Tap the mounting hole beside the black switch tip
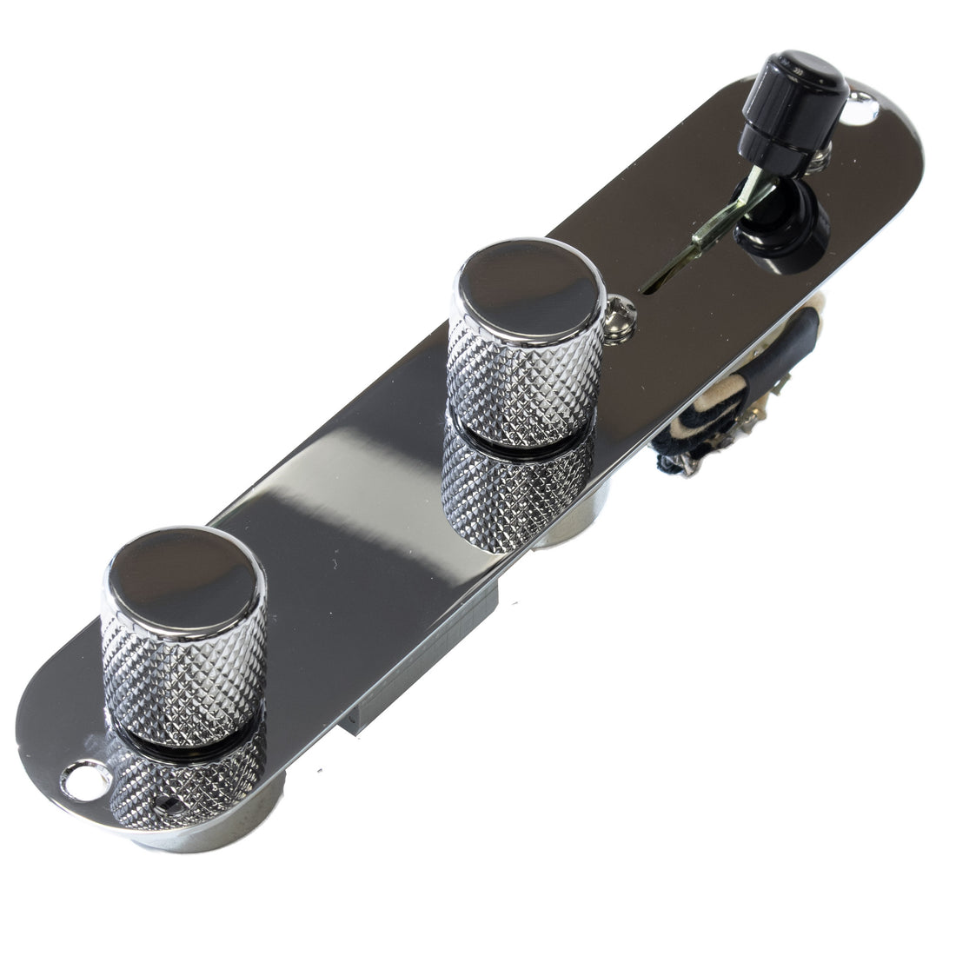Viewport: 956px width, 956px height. [862, 109]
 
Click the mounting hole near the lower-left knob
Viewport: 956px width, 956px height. [86, 779]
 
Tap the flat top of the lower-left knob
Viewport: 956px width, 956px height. [183, 569]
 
